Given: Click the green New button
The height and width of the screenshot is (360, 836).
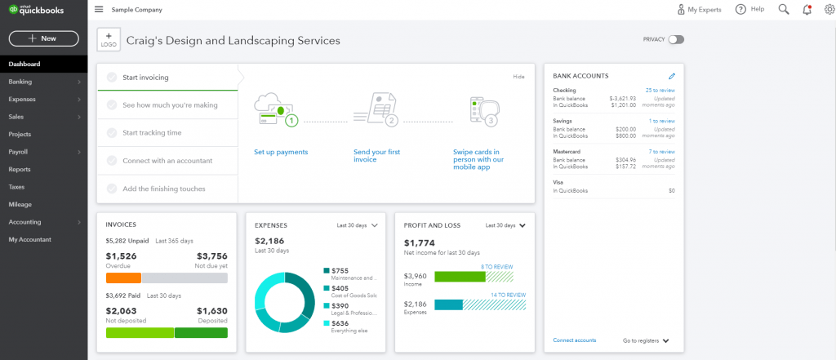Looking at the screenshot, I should point(43,38).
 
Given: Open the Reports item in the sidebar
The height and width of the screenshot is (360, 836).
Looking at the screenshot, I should point(20,169).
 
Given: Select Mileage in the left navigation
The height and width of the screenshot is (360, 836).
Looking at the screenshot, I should point(20,204).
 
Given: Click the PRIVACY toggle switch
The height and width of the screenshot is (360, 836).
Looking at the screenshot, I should point(675,39).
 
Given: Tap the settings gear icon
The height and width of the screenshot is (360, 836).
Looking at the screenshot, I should point(829,10).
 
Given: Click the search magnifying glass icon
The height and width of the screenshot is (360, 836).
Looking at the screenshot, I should point(783,10).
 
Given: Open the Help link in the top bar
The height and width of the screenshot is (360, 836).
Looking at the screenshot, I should point(749,10).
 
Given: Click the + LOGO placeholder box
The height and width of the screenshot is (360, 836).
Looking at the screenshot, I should point(109,40).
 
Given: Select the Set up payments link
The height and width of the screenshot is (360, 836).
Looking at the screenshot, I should point(281,152).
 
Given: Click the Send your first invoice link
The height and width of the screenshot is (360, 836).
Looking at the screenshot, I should point(376,155).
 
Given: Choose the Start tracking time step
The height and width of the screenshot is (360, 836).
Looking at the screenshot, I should point(152,132).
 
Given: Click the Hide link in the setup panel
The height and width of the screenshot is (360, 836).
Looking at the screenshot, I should point(518,77).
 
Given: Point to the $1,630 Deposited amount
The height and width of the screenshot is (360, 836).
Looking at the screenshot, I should point(211,311).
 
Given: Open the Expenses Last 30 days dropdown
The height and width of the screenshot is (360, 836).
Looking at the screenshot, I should point(358,224).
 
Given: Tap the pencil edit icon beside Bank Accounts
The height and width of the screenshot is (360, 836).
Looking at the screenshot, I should point(671,76).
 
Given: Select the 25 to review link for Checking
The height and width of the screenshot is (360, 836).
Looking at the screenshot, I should point(660,90).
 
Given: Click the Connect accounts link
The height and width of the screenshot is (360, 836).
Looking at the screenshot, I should point(574,340).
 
